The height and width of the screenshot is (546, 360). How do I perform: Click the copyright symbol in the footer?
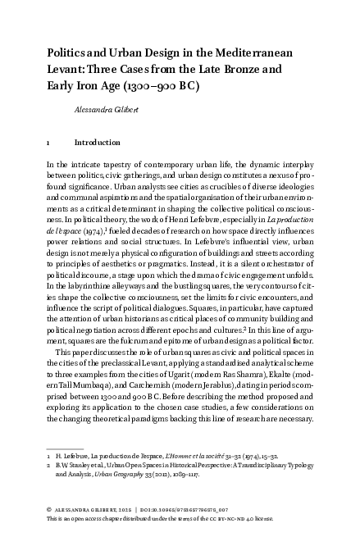pyautogui.click(x=49, y=511)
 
